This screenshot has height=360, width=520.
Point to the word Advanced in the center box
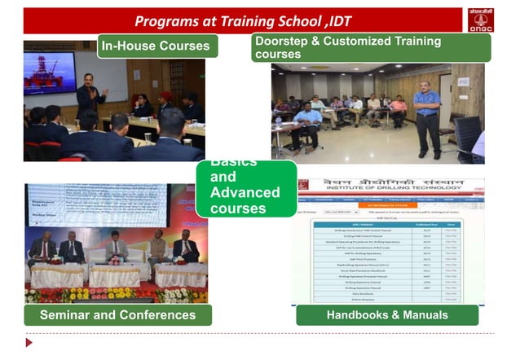coord(245,193)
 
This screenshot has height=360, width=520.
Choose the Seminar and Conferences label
coord(118,314)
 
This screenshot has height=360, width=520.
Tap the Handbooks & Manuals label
coord(386,314)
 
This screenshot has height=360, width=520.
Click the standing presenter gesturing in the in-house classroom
coord(90,101)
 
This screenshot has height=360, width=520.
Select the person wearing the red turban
coord(165,106)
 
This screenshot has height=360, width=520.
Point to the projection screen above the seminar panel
coord(106,208)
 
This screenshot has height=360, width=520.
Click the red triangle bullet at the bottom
coord(29,341)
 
